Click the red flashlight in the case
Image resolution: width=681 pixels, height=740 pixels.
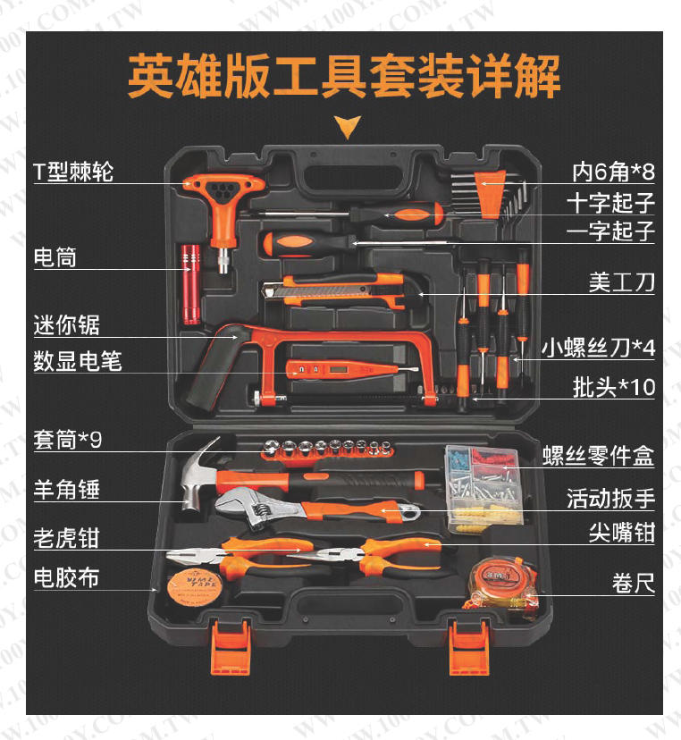point(191,284)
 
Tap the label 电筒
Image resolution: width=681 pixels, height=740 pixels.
point(55,257)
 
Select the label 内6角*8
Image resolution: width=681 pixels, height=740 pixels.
point(613,172)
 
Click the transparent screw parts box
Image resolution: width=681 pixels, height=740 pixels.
point(483,490)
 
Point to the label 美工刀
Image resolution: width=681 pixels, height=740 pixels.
point(621,282)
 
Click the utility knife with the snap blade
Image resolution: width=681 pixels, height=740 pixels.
point(333,289)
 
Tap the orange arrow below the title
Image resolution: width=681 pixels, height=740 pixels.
point(348,127)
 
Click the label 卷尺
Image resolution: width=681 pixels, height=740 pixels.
point(634,584)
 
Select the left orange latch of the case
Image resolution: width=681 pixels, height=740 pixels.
point(231,647)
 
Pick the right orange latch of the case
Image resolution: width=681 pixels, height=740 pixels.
point(469,647)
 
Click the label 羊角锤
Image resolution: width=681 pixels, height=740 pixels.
point(66,489)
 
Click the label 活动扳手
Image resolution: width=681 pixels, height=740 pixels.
point(610,499)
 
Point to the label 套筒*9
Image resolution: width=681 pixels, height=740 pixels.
point(67,440)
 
